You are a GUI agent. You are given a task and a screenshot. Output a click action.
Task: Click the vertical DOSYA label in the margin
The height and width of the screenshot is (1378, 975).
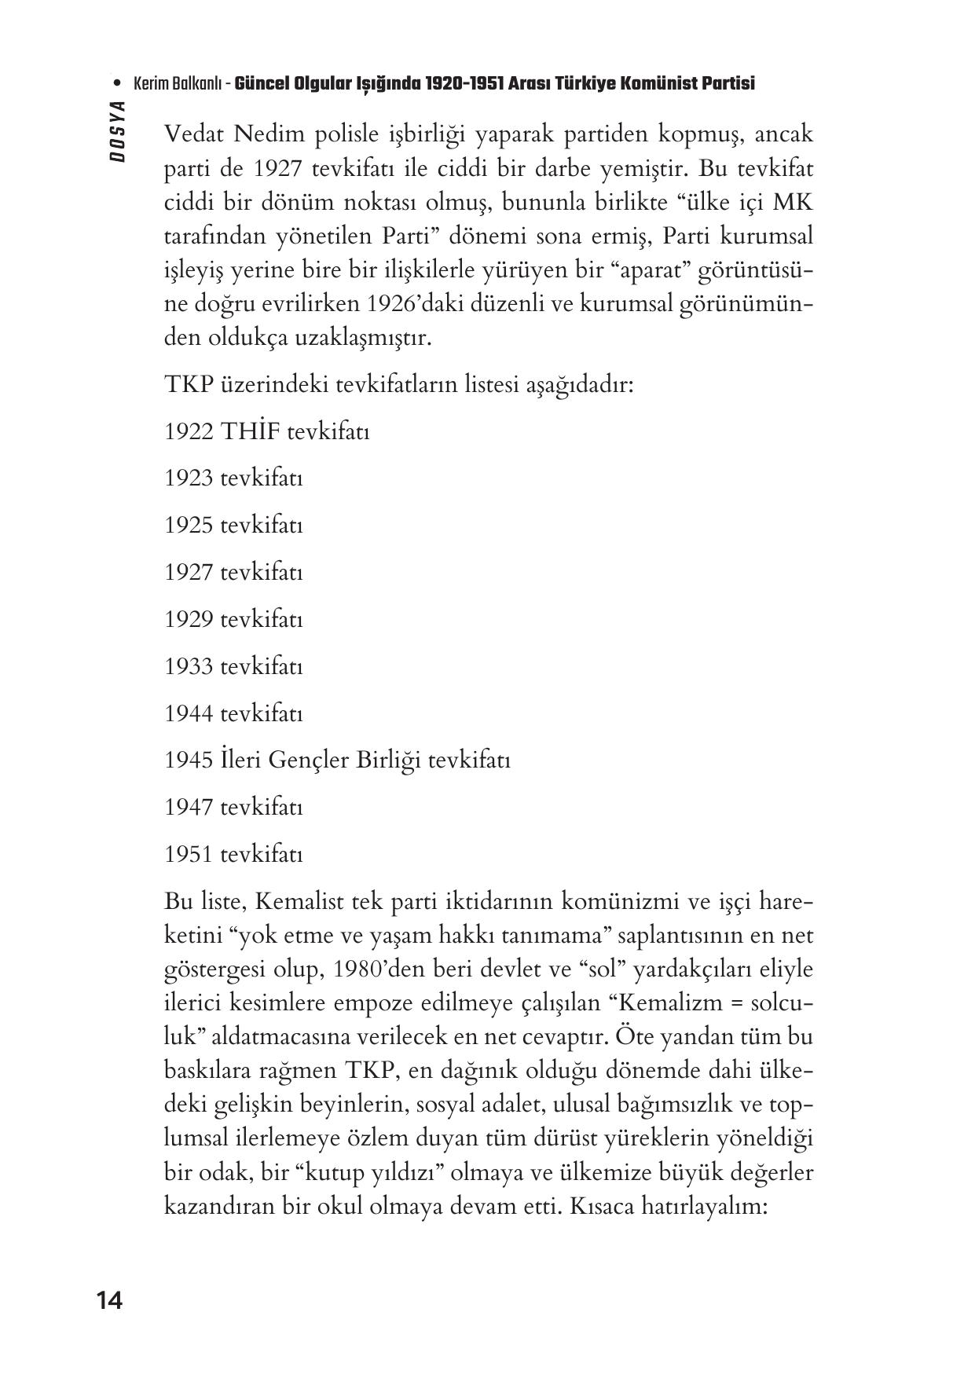click(x=119, y=131)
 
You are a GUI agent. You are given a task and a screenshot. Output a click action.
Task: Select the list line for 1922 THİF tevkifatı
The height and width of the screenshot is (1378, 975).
click(x=266, y=431)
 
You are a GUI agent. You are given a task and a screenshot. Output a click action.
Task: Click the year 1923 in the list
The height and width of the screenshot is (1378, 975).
click(x=189, y=478)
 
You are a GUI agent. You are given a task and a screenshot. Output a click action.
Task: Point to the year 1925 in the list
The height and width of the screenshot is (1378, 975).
click(x=189, y=526)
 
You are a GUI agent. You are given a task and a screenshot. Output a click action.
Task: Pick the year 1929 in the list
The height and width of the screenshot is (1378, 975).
click(x=189, y=620)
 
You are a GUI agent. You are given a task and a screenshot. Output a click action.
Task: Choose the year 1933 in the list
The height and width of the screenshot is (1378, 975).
click(x=189, y=667)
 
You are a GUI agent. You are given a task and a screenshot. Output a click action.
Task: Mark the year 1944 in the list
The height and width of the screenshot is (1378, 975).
click(x=189, y=714)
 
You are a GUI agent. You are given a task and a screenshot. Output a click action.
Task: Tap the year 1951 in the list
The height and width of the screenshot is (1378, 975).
click(x=189, y=855)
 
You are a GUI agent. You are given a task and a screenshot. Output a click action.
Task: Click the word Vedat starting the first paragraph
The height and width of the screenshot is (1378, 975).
click(x=194, y=135)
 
